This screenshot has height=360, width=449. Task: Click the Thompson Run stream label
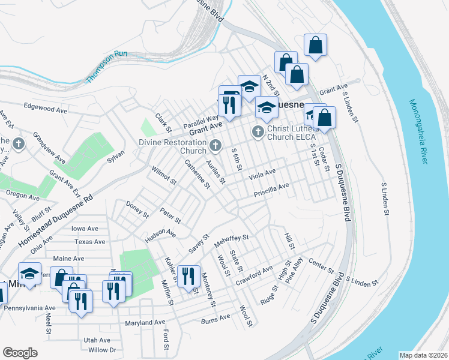tap(106, 67)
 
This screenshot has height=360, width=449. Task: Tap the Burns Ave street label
tap(215, 317)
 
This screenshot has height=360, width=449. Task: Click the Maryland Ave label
tap(145, 323)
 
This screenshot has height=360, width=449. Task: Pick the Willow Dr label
tap(101, 350)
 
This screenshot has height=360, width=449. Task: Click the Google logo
tap(20, 352)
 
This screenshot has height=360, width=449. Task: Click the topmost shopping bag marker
tap(315, 45)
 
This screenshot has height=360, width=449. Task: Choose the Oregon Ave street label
tap(22, 195)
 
